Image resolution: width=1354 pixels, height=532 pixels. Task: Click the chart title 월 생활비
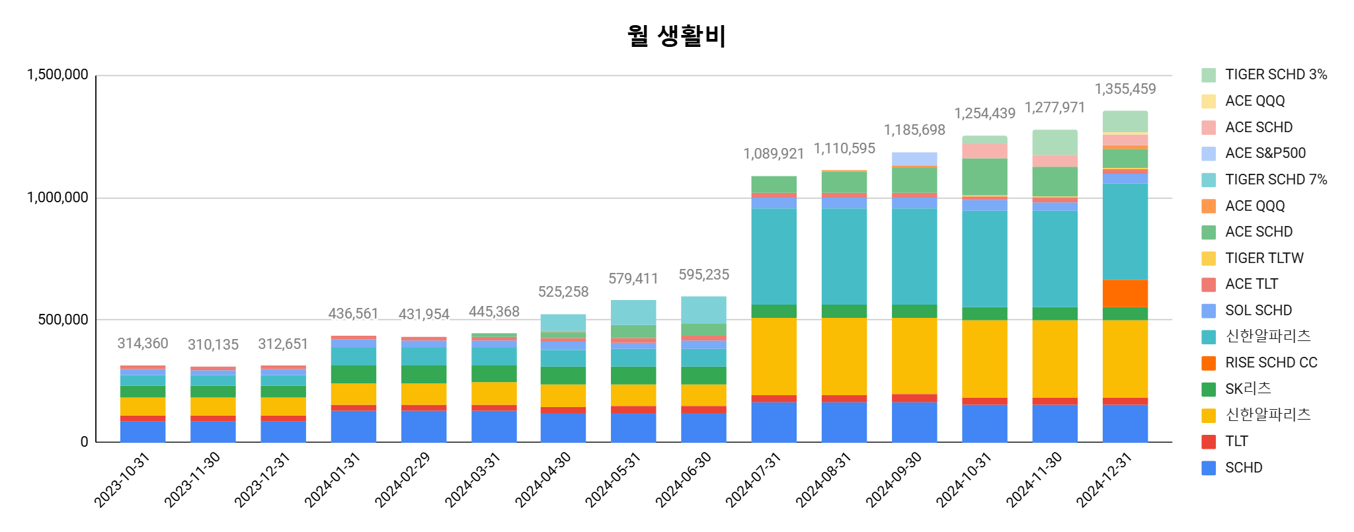pyautogui.click(x=676, y=36)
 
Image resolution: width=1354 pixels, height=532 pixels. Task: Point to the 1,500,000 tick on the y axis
pyautogui.click(x=58, y=75)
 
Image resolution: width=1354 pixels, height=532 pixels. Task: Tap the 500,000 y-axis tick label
pyautogui.click(x=63, y=320)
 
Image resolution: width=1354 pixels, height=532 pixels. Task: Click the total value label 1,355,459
pyautogui.click(x=1125, y=89)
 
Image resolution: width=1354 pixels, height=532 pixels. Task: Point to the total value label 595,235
pyautogui.click(x=703, y=275)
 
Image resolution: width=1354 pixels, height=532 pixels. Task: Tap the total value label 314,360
pyautogui.click(x=143, y=344)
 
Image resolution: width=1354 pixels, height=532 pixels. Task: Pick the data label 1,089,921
pyautogui.click(x=774, y=154)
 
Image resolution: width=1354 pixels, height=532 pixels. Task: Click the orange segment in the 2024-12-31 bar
pyautogui.click(x=1125, y=293)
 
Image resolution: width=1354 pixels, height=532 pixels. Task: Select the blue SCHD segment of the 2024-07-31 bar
pyautogui.click(x=774, y=422)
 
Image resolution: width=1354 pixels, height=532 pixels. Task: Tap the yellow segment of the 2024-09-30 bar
pyautogui.click(x=914, y=356)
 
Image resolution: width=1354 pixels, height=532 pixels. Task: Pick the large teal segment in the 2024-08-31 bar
pyautogui.click(x=844, y=256)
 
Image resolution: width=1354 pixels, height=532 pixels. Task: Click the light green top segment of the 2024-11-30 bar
pyautogui.click(x=1055, y=142)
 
